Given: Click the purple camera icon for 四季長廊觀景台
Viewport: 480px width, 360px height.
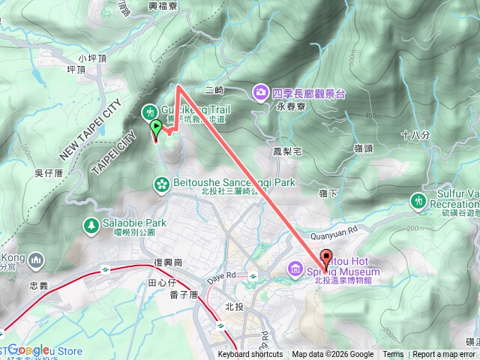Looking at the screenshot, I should coord(260,92).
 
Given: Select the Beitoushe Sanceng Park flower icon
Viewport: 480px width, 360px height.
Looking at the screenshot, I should coord(160,183).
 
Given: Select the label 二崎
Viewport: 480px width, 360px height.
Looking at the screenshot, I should coord(214,91).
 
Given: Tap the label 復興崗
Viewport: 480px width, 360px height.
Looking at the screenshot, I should coord(169,262).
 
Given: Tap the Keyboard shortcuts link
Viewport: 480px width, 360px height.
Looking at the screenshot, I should coord(250,355).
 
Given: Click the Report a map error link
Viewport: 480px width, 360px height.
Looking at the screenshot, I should coord(444,355).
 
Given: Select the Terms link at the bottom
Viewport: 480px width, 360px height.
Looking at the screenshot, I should coord(392,355).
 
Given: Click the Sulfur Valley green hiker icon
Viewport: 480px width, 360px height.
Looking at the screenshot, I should coord(418,201).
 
